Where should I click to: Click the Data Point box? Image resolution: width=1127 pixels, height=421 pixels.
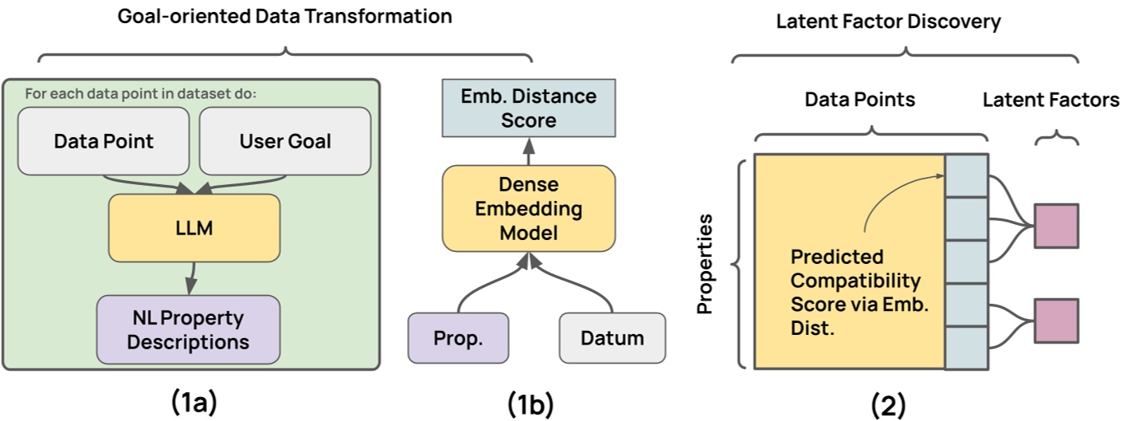(104, 141)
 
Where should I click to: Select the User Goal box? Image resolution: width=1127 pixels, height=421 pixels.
(285, 141)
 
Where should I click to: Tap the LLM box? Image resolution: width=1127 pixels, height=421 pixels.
(194, 228)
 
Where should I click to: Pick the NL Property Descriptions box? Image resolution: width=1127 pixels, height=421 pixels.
(188, 331)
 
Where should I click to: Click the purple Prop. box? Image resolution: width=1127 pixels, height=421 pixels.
(457, 337)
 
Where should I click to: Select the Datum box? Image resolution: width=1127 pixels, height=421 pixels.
(612, 337)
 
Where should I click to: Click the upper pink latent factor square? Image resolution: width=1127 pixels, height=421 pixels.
(1055, 226)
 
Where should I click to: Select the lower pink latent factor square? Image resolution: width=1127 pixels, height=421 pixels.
(1055, 320)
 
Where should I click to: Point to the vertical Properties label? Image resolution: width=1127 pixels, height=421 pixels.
(705, 263)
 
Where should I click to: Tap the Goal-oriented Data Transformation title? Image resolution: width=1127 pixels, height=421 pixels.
(285, 16)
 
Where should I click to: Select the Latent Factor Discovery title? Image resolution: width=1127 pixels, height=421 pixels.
(888, 22)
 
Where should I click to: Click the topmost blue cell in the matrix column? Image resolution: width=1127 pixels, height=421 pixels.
(966, 175)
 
